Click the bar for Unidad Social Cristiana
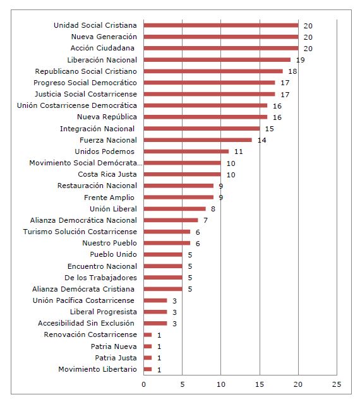click(x=221, y=25)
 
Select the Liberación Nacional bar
click(x=217, y=60)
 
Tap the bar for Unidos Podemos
click(x=186, y=151)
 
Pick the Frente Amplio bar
click(x=178, y=197)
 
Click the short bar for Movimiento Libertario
click(x=148, y=369)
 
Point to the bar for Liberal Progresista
click(x=155, y=312)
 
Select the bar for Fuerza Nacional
click(x=198, y=140)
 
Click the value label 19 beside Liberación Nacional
click(x=301, y=60)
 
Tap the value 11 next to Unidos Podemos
click(x=238, y=151)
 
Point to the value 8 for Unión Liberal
click(x=213, y=209)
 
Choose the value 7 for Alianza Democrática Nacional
click(x=205, y=220)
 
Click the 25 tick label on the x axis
click(x=337, y=384)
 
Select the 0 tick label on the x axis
click(x=144, y=384)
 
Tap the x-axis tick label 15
click(x=260, y=384)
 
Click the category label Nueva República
click(x=107, y=117)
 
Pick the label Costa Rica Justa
click(x=107, y=174)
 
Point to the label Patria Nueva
click(x=114, y=346)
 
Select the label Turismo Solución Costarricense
click(x=80, y=232)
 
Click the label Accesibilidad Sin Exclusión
click(x=86, y=323)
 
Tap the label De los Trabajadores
click(x=100, y=278)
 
